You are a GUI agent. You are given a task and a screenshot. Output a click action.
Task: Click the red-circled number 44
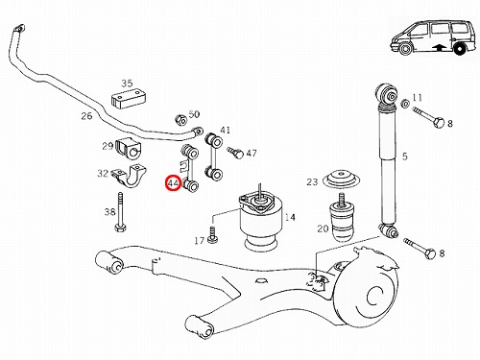click(x=173, y=183)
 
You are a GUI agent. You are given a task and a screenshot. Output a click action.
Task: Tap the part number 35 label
click(x=127, y=84)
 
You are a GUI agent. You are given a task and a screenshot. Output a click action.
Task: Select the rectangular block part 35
click(x=129, y=99)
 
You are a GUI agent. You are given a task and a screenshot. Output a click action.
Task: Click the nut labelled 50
click(x=181, y=120)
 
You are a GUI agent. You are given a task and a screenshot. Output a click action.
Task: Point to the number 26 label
click(x=86, y=116)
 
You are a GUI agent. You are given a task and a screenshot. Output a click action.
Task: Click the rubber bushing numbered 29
click(x=128, y=148)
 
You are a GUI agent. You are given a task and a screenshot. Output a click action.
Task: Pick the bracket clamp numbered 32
click(x=130, y=176)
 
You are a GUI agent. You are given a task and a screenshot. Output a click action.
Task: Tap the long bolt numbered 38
click(x=120, y=212)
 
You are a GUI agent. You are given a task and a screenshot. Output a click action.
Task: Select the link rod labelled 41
click(x=214, y=156)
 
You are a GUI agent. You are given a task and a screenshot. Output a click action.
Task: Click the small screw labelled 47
click(x=235, y=153)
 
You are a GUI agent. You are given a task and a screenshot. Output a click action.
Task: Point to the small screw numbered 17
click(x=212, y=234)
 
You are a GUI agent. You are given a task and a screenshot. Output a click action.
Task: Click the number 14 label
click(x=290, y=217)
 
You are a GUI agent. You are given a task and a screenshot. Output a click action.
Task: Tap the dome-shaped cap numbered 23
click(x=342, y=180)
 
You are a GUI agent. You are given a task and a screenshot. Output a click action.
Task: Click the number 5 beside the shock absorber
click(x=405, y=156)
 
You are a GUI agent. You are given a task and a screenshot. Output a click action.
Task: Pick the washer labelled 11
click(x=405, y=104)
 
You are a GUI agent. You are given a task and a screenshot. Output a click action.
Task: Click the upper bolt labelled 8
click(x=428, y=117)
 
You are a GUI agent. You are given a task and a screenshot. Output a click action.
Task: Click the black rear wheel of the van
click(x=460, y=50)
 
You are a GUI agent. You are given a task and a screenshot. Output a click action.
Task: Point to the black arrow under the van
click(x=439, y=47)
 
